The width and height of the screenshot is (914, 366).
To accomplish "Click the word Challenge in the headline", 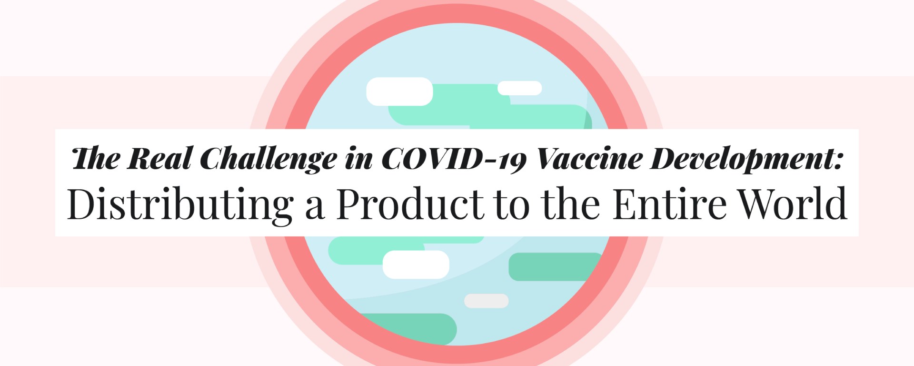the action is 268,159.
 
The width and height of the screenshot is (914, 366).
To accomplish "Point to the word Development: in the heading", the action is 747,159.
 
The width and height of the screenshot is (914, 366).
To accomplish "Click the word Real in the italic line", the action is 159,158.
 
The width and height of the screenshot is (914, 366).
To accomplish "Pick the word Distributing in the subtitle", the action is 180,204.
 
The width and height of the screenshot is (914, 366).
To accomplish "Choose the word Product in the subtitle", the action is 410,203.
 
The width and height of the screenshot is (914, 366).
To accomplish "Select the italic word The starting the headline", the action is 96,158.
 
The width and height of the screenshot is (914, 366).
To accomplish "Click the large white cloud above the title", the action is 399,91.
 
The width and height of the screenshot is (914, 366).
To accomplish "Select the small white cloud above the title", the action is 520,88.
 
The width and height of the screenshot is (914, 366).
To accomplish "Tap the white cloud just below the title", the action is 416,264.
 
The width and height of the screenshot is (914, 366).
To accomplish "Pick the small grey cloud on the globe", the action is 486,301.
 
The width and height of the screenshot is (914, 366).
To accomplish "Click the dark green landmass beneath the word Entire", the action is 556,266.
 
